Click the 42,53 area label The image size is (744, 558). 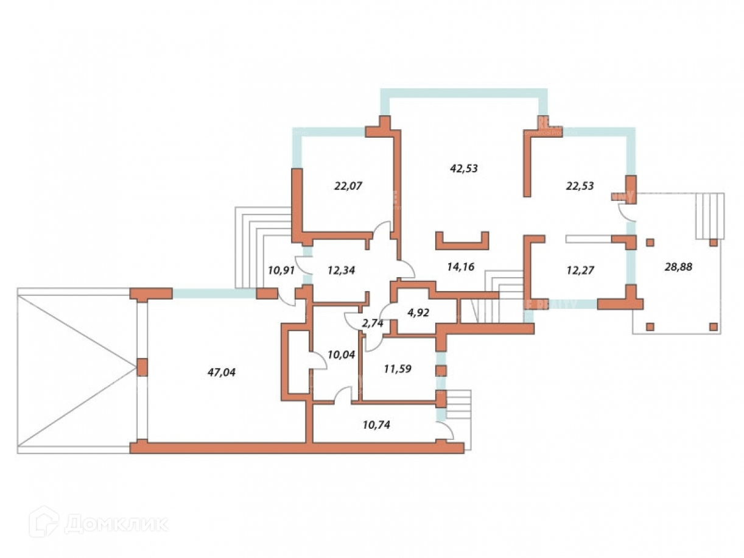pyautogui.click(x=463, y=169)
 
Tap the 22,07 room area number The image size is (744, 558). pyautogui.click(x=348, y=186)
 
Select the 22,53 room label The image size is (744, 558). pyautogui.click(x=580, y=186)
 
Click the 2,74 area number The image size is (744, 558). pyautogui.click(x=373, y=323)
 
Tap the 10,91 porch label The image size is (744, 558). pyautogui.click(x=281, y=269)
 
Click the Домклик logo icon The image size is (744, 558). pyautogui.click(x=43, y=522)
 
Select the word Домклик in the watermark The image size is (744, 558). pyautogui.click(x=116, y=523)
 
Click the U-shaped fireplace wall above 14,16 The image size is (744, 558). pyautogui.click(x=462, y=242)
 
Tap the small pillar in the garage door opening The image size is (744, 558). pyautogui.click(x=142, y=367)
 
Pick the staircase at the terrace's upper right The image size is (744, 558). pyautogui.click(x=710, y=216)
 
